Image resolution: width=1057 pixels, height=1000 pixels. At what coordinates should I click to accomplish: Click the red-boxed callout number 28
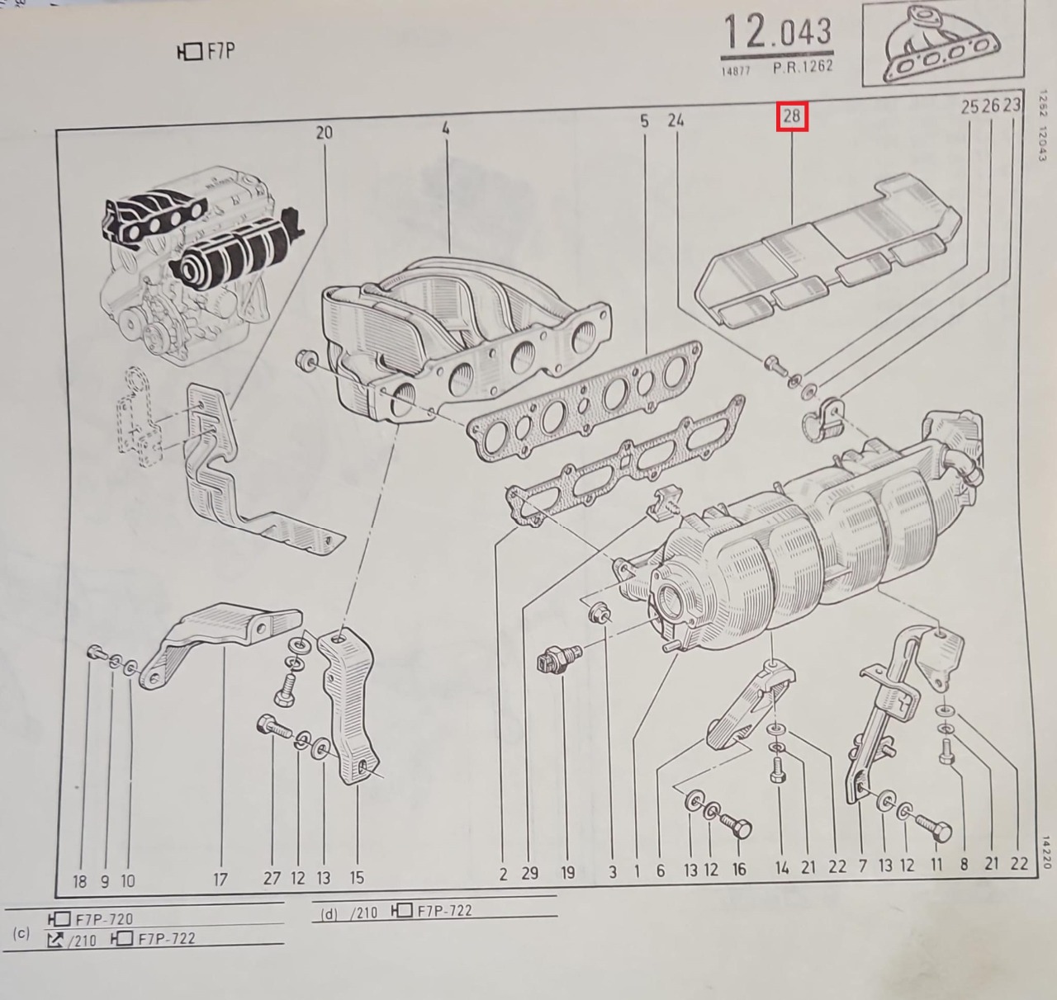click(x=792, y=116)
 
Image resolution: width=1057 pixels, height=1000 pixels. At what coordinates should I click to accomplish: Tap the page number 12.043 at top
click(x=777, y=31)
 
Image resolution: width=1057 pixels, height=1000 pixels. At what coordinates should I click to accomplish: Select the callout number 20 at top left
click(x=324, y=133)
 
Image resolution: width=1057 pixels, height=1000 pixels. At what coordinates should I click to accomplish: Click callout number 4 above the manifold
click(x=445, y=128)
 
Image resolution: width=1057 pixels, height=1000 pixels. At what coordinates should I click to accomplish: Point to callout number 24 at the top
click(x=675, y=120)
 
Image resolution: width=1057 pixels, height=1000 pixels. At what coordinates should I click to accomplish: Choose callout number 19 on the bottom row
click(x=568, y=872)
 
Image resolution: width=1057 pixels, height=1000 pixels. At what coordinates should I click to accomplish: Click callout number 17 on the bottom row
click(x=220, y=879)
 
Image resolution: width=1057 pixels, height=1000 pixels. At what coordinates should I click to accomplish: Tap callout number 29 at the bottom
click(x=529, y=873)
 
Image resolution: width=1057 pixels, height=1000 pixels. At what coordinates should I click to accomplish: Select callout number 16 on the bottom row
click(x=739, y=870)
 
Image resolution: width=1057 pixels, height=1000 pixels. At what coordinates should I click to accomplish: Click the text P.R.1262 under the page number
click(x=803, y=67)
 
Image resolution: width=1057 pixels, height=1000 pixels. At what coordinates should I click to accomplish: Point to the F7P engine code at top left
click(x=206, y=52)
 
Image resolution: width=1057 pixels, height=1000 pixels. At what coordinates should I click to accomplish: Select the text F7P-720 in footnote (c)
click(x=104, y=919)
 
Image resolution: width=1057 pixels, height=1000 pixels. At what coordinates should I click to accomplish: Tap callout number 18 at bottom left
click(x=79, y=881)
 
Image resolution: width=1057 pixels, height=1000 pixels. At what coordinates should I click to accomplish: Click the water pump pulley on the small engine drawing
click(x=130, y=323)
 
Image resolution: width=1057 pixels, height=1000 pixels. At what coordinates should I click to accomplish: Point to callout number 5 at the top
click(x=644, y=121)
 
